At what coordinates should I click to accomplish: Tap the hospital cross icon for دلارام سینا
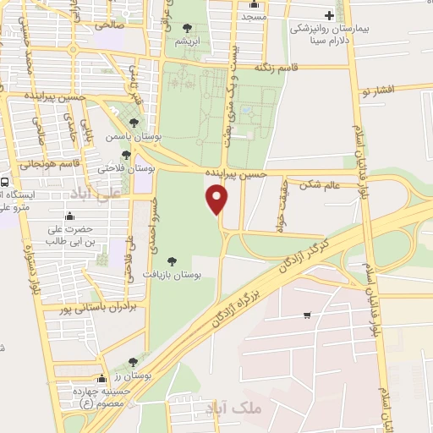330,15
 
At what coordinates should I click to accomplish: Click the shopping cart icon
306,316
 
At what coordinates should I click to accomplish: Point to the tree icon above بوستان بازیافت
172,261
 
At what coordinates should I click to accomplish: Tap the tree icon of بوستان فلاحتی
126,155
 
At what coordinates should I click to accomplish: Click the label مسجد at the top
254,16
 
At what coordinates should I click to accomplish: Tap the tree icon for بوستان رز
132,361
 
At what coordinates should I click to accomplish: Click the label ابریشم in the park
187,41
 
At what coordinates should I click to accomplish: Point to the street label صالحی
111,25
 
